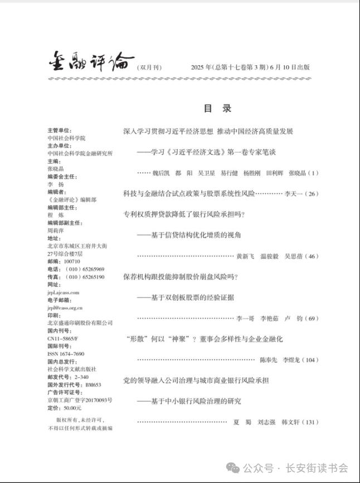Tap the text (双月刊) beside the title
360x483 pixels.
click(149, 68)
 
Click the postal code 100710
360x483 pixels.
click(72, 261)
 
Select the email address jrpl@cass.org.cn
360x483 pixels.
click(65, 308)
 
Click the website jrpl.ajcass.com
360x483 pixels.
click(64, 292)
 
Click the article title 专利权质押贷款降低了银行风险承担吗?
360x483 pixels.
click(184, 214)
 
